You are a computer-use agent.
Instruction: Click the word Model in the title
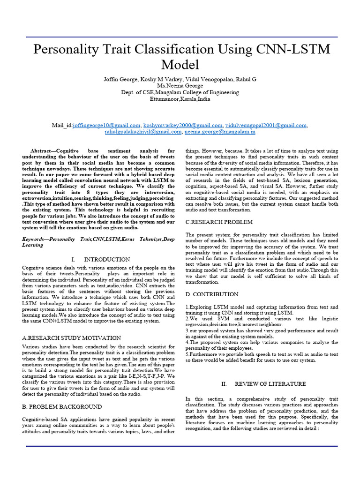pos(180,65)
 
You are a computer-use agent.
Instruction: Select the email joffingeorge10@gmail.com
pos(107,126)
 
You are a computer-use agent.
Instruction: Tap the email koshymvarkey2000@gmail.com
pos(183,126)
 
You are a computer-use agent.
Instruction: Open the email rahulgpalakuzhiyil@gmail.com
pos(143,132)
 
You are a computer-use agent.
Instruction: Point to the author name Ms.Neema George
pos(180,86)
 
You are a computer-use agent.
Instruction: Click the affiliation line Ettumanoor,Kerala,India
pos(180,99)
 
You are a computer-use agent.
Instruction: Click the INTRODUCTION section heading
pos(107,259)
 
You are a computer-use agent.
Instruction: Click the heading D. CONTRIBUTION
pos(212,294)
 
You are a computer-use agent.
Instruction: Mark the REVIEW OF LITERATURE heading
pos(270,384)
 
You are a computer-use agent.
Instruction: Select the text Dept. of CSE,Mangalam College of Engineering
pos(180,92)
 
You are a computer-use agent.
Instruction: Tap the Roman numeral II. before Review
pos(224,384)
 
